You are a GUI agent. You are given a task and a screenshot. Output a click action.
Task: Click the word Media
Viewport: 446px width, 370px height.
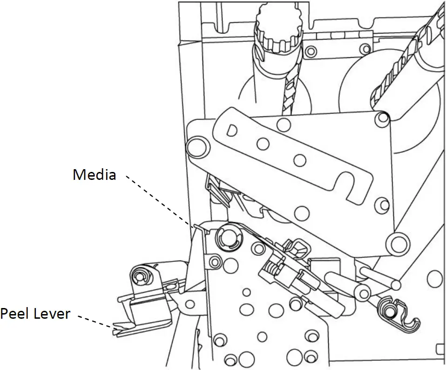point(94,175)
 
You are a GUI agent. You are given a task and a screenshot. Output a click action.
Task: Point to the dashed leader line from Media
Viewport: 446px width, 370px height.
point(158,201)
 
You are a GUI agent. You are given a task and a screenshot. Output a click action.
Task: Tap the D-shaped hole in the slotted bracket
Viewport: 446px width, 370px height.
point(231,129)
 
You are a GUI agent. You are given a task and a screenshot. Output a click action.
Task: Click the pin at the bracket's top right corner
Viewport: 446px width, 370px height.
point(383,118)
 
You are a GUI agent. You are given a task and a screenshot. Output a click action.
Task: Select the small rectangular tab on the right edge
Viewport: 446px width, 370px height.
point(439,349)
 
